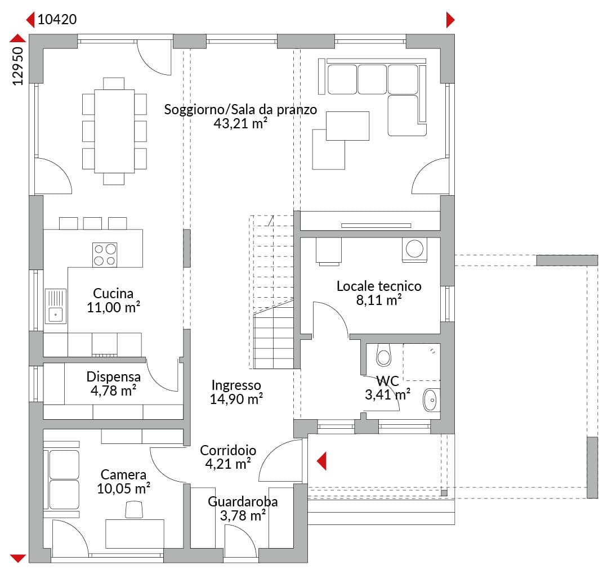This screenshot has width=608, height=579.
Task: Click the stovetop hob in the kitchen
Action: [105, 255]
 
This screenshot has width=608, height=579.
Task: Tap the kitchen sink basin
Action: [55, 315]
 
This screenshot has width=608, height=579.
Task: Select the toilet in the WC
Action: [383, 355]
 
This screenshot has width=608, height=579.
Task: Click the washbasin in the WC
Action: [431, 400]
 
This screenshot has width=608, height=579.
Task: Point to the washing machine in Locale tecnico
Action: [414, 250]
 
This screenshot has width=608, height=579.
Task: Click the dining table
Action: [114, 131]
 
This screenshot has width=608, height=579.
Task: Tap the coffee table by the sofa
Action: [347, 126]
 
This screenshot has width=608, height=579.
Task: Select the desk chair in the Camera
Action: [134, 509]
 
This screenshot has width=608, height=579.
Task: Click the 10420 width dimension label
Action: [57, 19]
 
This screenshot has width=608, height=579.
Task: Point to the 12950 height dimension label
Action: [18, 66]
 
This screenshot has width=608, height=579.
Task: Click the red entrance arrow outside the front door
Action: [321, 461]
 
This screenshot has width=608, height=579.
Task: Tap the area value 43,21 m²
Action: [240, 123]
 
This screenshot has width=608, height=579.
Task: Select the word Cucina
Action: [113, 293]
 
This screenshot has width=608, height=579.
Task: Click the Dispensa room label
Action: [114, 376]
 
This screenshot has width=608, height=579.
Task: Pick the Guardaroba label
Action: [243, 501]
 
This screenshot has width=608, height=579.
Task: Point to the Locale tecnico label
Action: [379, 286]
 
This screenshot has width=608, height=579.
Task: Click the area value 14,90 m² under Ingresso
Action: [236, 399]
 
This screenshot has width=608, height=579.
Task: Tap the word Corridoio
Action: [228, 450]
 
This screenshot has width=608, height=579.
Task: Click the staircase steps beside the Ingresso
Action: [274, 292]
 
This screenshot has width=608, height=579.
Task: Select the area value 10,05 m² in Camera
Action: [124, 488]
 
